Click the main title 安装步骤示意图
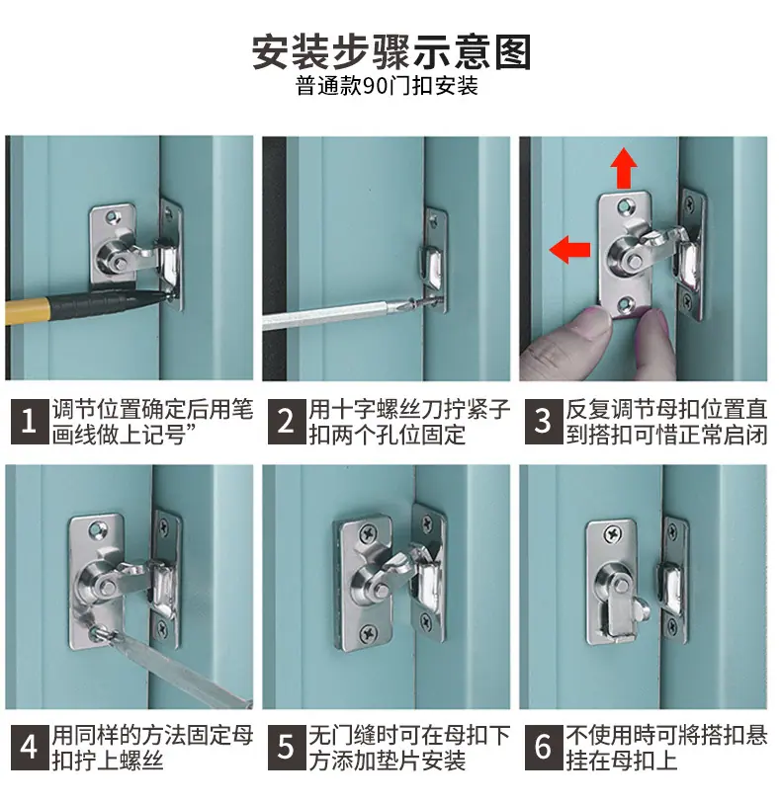pyautogui.click(x=391, y=52)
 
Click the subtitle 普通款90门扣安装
pyautogui.click(x=387, y=86)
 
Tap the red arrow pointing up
pyautogui.click(x=624, y=168)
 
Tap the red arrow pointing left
pyautogui.click(x=569, y=250)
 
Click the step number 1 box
pyautogui.click(x=30, y=422)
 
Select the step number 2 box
pyautogui.click(x=286, y=422)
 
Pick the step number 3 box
pyautogui.click(x=543, y=422)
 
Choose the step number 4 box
pyautogui.click(x=30, y=747)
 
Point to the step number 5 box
pyautogui.click(x=286, y=747)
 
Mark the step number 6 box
pyautogui.click(x=543, y=747)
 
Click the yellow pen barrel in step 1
pyautogui.click(x=27, y=311)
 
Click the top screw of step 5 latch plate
pyautogui.click(x=368, y=534)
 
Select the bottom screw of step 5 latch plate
pyautogui.click(x=369, y=634)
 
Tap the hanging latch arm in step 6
pyautogui.click(x=624, y=611)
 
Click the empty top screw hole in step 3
pyautogui.click(x=624, y=207)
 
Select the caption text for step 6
pyautogui.click(x=666, y=748)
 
